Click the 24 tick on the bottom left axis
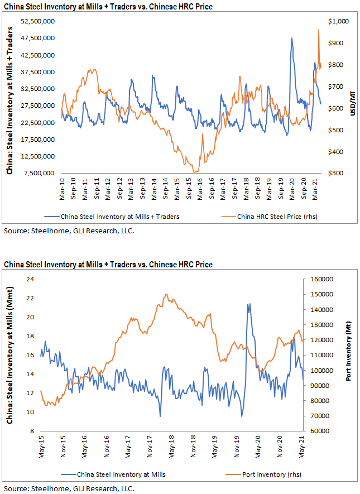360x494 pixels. [31, 279]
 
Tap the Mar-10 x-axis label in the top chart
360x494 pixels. [61, 186]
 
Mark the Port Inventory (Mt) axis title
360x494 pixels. [349, 354]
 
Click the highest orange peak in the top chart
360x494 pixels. [318, 30]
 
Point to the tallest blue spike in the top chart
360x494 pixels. [292, 38]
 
